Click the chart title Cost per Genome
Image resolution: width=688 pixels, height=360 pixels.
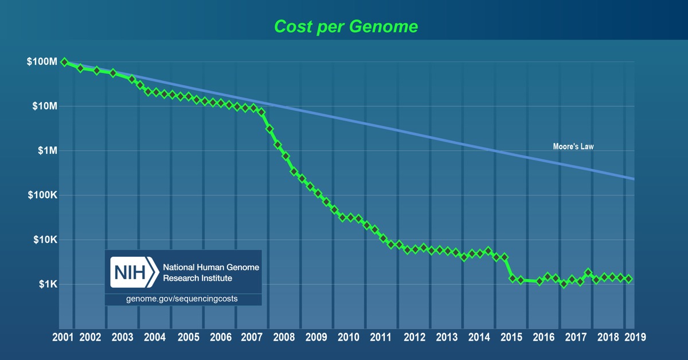pos(345,26)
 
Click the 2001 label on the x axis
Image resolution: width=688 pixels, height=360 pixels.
pos(62,338)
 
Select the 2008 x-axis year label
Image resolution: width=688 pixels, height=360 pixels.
pos(285,338)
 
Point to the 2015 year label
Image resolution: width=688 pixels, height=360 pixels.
pos(507,338)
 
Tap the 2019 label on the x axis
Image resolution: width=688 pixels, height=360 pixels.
pos(635,338)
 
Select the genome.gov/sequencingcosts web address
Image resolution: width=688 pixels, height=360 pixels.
pos(182,299)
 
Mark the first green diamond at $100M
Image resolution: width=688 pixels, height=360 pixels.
pos(64,62)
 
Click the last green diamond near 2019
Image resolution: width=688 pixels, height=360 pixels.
pos(628,279)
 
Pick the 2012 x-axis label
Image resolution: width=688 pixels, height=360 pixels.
pos(412,338)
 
